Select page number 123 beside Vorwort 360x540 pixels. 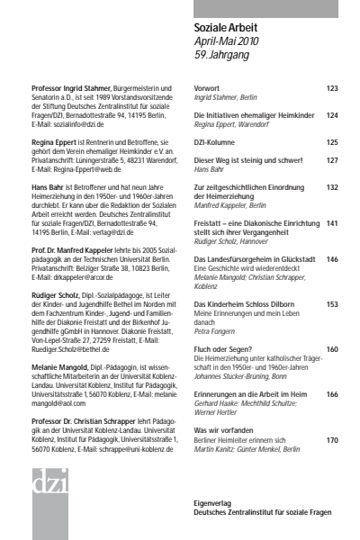point(332,89)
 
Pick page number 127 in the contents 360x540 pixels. point(332,160)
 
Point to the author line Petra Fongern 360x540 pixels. point(215,331)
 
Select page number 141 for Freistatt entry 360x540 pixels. point(332,222)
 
